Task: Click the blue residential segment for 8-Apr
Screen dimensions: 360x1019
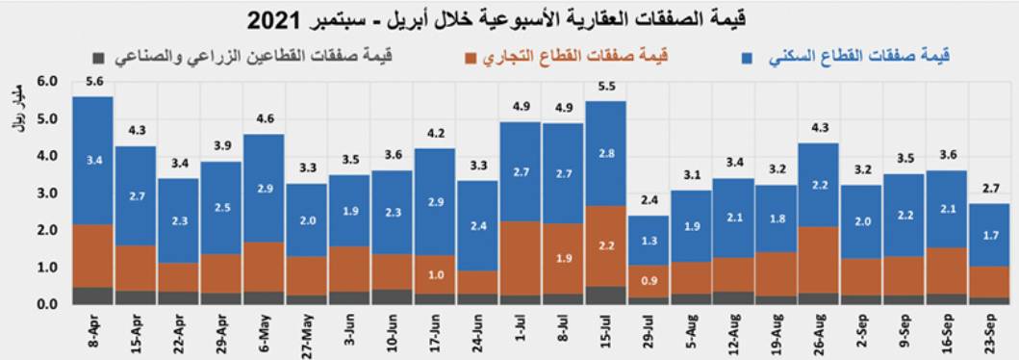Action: click(x=92, y=160)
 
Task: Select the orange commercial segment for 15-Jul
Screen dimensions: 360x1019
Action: click(x=605, y=245)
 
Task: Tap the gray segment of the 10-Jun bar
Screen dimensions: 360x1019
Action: click(x=392, y=296)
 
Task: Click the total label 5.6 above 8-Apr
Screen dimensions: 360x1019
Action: click(x=92, y=82)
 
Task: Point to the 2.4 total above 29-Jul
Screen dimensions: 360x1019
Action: click(x=649, y=200)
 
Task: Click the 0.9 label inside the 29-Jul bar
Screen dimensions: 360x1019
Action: click(x=649, y=281)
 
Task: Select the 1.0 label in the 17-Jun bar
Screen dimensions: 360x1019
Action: click(x=434, y=274)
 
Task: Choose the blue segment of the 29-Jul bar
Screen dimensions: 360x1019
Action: click(x=649, y=240)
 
